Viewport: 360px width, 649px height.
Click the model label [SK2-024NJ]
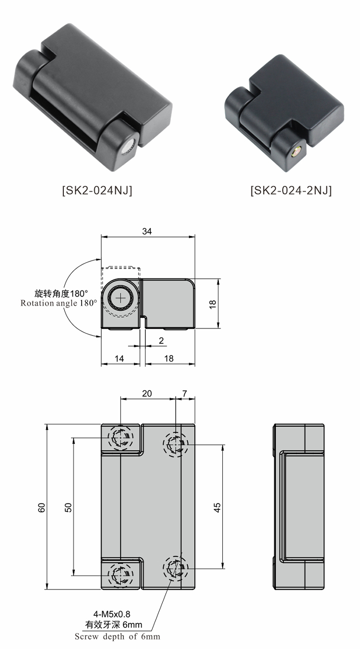pos(97,191)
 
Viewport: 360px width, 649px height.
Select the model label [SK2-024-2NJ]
pos(291,191)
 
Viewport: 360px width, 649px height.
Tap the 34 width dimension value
pos(147,231)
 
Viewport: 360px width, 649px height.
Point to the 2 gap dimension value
pos(161,340)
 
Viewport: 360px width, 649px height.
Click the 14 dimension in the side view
pos(119,359)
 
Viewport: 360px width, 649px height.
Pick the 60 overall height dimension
pos(42,507)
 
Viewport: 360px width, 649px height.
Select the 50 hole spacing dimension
pos(68,507)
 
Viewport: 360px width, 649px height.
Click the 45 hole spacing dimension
pos(217,507)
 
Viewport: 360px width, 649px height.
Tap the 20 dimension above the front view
pos(147,394)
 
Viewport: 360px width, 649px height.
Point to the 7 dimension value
pos(185,394)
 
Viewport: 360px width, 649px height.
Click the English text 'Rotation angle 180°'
pos(59,303)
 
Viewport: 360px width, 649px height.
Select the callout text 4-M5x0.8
pos(112,614)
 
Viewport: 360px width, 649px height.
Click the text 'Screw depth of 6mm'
pos(117,637)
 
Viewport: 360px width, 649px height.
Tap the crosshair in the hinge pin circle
pos(120,298)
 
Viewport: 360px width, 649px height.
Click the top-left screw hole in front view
pos(120,437)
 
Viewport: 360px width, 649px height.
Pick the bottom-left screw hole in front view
pos(120,575)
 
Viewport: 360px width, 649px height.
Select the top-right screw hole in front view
pos(176,445)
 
